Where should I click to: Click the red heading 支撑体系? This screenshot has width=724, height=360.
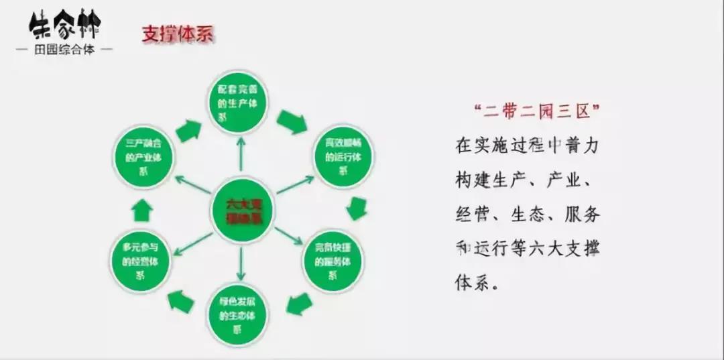coord(177,35)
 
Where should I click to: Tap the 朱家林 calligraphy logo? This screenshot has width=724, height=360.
coord(65,25)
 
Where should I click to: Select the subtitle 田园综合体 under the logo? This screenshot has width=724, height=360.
coord(64,50)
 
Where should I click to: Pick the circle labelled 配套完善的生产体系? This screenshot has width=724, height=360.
coord(241,101)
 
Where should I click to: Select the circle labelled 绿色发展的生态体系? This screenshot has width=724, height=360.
coord(237,314)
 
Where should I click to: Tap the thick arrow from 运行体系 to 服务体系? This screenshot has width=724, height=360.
coord(357,208)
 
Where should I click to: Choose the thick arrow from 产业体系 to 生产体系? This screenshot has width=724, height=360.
coord(188,129)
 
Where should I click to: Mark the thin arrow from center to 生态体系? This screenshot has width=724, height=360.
coord(241,263)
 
